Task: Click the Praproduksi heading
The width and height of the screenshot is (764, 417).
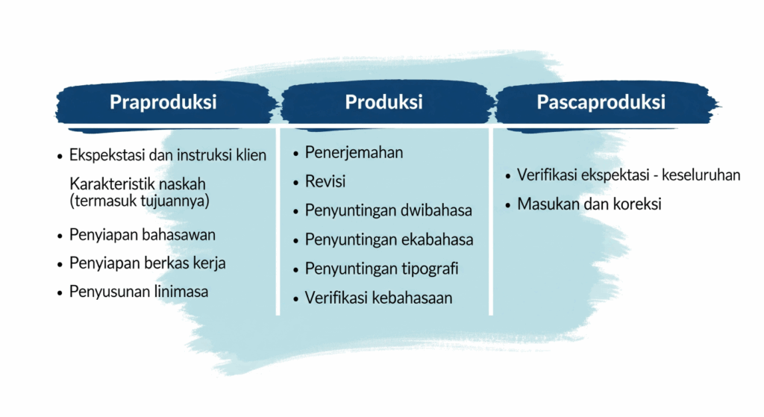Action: tap(163, 102)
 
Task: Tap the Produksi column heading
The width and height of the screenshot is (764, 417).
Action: tap(383, 101)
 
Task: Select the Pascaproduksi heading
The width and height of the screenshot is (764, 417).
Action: tap(601, 102)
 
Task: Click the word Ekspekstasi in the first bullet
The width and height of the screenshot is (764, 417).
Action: tap(107, 155)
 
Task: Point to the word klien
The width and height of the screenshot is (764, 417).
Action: tap(251, 155)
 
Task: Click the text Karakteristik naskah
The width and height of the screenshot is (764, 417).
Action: tap(137, 184)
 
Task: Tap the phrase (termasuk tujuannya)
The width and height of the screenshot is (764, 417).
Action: tap(140, 201)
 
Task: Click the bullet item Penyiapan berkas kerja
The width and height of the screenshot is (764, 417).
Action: tap(147, 263)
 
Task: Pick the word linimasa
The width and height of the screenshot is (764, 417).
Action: tap(181, 292)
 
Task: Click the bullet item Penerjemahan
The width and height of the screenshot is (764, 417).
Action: tap(354, 152)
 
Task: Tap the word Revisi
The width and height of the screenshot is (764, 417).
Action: tap(325, 181)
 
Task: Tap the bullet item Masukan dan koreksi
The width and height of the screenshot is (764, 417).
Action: tap(589, 204)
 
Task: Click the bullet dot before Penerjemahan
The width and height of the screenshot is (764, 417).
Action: tap(295, 154)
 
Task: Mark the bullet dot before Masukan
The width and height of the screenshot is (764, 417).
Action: tap(508, 205)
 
